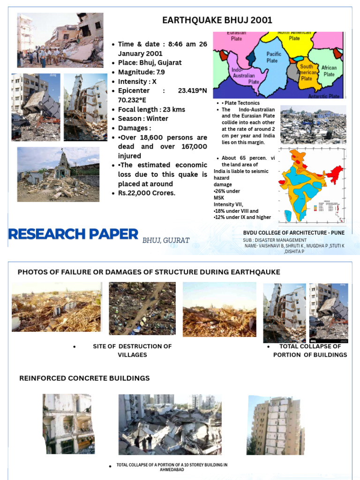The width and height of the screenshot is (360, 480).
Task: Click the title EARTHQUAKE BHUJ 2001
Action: (217, 20)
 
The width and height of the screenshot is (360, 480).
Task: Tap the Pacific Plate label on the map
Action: (274, 57)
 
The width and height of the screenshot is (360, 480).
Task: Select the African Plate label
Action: (329, 71)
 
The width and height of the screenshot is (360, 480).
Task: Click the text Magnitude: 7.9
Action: (141, 72)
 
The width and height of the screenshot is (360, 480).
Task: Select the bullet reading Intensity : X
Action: (137, 82)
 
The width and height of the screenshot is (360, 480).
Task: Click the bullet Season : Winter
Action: (142, 119)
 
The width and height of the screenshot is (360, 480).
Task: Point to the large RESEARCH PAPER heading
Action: (73, 234)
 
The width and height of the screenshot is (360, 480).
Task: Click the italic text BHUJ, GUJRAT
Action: (166, 240)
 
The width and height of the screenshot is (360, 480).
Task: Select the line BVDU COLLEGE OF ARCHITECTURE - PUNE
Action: (293, 233)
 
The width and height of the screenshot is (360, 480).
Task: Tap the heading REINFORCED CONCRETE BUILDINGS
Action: (84, 378)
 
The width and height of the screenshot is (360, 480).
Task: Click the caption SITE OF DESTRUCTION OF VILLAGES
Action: (132, 350)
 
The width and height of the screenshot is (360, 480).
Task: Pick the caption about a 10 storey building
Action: (172, 467)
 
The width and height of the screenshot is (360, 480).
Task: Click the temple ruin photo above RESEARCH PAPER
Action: (58, 174)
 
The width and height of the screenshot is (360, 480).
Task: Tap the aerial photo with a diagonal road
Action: (142, 308)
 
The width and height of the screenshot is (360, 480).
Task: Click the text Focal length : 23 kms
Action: (151, 109)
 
